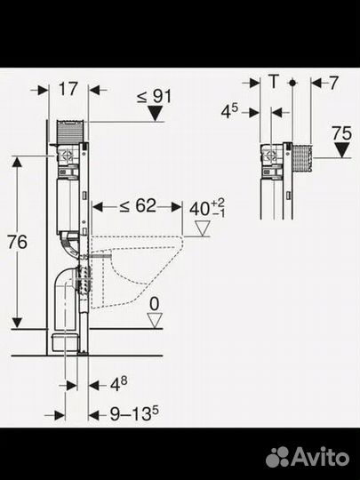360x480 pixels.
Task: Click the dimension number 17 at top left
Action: click(x=68, y=90)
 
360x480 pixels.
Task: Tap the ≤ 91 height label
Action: click(x=155, y=96)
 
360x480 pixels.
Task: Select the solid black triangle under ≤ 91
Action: click(x=155, y=113)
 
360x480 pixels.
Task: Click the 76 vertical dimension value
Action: click(x=17, y=242)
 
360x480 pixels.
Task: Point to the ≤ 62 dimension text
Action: click(x=138, y=205)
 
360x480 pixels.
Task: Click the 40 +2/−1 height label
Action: click(x=207, y=208)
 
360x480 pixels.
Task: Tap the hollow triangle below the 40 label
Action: click(x=203, y=228)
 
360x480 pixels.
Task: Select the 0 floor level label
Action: click(x=155, y=304)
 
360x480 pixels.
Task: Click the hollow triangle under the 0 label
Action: click(x=155, y=321)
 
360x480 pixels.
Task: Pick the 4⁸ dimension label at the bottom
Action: click(x=119, y=384)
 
